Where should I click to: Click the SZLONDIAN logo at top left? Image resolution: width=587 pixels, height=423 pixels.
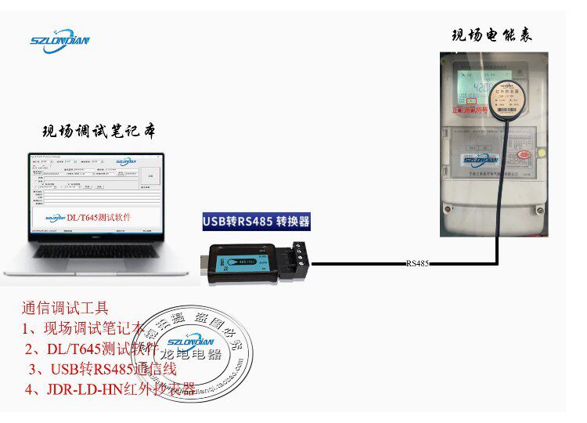(x=59, y=41)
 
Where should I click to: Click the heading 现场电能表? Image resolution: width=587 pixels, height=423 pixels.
(x=492, y=35)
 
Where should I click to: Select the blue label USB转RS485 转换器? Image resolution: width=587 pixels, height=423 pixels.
(x=257, y=222)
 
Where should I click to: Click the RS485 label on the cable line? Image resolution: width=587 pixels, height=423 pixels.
(x=417, y=264)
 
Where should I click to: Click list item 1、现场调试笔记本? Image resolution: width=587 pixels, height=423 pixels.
(x=82, y=328)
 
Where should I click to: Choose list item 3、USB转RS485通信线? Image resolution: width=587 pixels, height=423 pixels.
(x=103, y=369)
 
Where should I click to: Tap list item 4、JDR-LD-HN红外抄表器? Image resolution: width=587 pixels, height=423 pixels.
(x=110, y=389)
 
